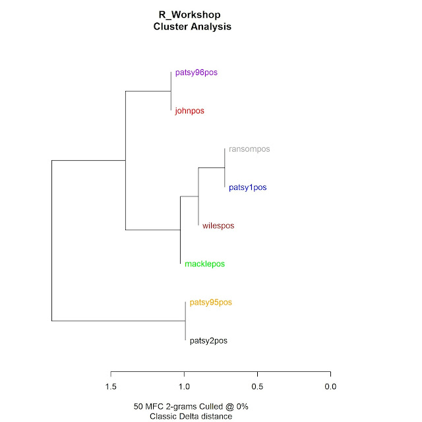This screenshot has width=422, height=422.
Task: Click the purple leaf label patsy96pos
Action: [196, 73]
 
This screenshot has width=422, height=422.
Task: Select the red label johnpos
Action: [190, 111]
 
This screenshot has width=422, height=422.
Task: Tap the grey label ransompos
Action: [249, 149]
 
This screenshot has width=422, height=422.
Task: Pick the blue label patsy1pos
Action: [248, 187]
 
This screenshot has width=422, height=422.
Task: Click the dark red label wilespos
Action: [218, 226]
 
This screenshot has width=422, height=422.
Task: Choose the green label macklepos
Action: [204, 264]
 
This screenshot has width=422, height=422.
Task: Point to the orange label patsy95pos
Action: [210, 303]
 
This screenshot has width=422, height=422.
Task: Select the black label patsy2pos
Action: [208, 341]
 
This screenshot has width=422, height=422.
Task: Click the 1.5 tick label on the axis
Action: [111, 386]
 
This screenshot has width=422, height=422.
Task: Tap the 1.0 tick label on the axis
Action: [184, 386]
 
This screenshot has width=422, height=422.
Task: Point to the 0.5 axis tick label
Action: [257, 386]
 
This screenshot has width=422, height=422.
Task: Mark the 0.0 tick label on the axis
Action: [330, 386]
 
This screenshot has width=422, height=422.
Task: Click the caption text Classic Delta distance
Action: [191, 416]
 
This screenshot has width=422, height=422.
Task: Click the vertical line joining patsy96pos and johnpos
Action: [171, 92]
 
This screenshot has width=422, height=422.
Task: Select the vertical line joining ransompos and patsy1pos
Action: [225, 168]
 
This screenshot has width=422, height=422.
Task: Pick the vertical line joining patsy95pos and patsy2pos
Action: [185, 322]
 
